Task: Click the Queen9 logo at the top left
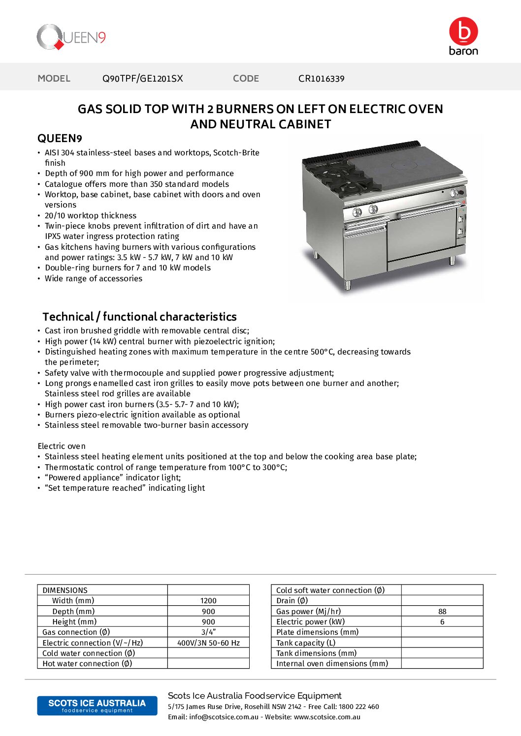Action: [x=71, y=37]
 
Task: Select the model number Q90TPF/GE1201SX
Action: [x=142, y=79]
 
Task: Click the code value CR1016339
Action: [x=321, y=79]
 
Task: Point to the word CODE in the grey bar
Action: [x=246, y=79]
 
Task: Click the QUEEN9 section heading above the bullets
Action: [x=60, y=138]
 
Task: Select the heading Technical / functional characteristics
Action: [x=139, y=317]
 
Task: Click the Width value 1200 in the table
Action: [x=208, y=601]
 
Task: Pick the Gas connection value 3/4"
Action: [x=208, y=632]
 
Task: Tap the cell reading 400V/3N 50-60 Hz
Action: [x=208, y=643]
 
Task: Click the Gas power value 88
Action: [x=442, y=612]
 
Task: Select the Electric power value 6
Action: [x=442, y=622]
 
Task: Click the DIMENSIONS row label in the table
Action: [x=65, y=590]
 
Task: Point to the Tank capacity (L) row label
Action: [x=306, y=643]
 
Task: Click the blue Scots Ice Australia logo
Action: [x=97, y=706]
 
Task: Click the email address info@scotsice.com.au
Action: [x=224, y=717]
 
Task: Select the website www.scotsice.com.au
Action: [x=327, y=717]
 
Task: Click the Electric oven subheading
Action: [x=62, y=446]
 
